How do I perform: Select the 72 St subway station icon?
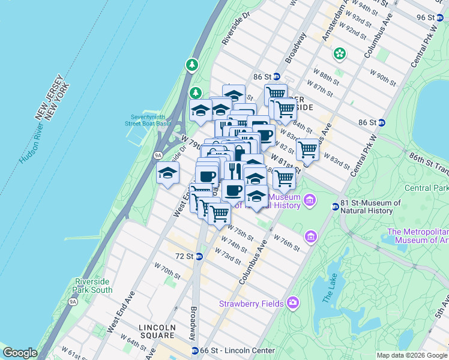199,256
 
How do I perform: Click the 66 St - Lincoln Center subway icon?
194,350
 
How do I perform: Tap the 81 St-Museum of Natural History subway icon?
335,207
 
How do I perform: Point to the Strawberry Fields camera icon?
292,302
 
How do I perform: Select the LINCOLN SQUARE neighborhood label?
156,327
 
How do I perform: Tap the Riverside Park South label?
92,286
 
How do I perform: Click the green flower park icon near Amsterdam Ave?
340,54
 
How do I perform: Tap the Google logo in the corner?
20,353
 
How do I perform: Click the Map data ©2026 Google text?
411,355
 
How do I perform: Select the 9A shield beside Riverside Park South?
73,301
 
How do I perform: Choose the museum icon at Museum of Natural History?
310,200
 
